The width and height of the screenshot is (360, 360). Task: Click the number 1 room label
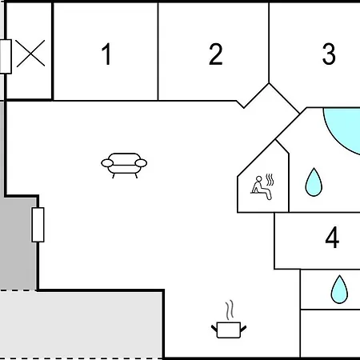[x=106, y=54]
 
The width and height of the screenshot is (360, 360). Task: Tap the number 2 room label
[x=215, y=54]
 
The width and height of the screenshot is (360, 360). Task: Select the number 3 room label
[x=329, y=54]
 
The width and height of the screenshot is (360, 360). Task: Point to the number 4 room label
[x=332, y=238]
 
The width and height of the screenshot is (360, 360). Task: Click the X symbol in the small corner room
[x=30, y=54]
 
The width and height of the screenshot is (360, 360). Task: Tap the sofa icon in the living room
[x=124, y=166]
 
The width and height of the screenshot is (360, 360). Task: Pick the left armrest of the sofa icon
[x=107, y=163]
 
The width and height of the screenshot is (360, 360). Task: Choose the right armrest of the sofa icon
[x=141, y=163]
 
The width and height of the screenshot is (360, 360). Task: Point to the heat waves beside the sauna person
[x=270, y=180]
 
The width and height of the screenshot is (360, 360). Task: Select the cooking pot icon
[x=229, y=330]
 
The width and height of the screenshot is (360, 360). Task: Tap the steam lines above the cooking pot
[x=230, y=310]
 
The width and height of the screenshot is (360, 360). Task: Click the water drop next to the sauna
[x=314, y=182]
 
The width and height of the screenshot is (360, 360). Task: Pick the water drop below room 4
[x=339, y=290]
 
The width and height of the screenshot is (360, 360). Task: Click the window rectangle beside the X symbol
[x=6, y=57]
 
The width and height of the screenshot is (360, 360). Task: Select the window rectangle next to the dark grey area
[x=38, y=225]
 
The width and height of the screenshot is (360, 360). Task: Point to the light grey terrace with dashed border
[x=80, y=325]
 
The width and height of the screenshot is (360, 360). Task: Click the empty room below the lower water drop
[x=330, y=334]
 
